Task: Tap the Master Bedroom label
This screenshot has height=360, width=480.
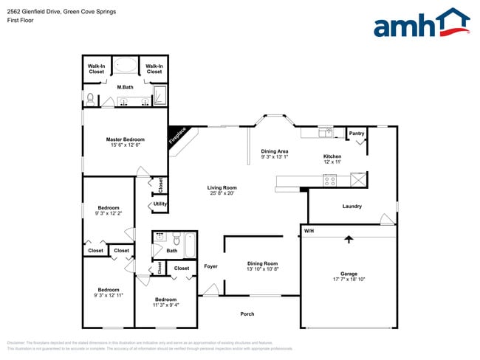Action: click(125, 139)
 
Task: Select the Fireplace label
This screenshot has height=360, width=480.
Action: click(178, 136)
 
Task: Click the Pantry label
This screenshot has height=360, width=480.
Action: click(357, 134)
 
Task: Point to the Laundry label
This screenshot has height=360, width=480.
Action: click(352, 206)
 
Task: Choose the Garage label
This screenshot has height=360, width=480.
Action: click(349, 273)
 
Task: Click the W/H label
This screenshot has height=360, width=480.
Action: click(309, 232)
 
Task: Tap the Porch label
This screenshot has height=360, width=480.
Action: click(247, 314)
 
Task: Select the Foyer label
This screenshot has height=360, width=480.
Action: click(210, 266)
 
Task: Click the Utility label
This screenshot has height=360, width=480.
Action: click(160, 204)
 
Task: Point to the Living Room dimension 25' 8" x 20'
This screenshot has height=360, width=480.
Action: click(221, 194)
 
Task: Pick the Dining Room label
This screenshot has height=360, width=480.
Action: click(262, 263)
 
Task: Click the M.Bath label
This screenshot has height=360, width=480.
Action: click(125, 88)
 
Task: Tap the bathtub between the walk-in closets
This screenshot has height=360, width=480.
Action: click(125, 66)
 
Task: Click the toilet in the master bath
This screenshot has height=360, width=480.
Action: click(91, 98)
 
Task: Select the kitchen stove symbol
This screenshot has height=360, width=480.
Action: click(331, 179)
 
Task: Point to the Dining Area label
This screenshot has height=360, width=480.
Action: click(275, 151)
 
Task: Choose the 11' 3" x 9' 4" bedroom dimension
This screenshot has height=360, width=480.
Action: click(165, 304)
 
